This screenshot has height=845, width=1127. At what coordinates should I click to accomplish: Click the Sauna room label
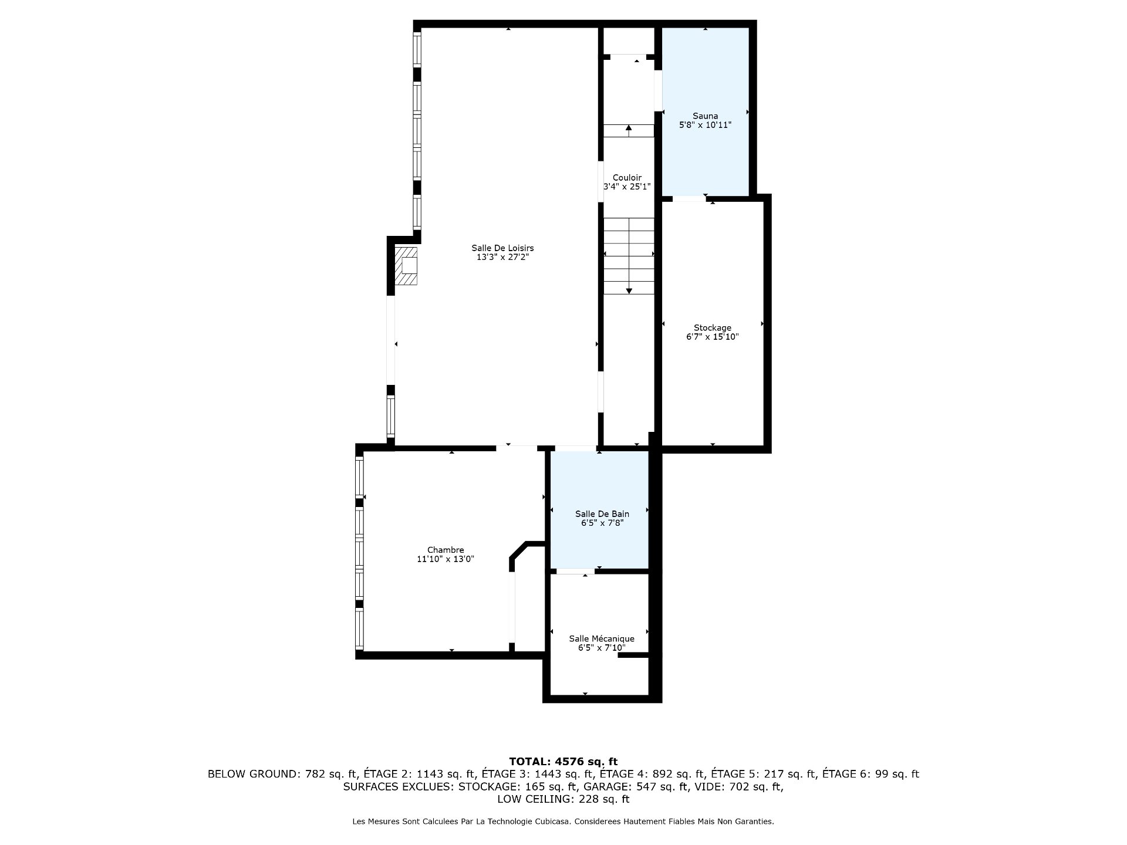click(705, 116)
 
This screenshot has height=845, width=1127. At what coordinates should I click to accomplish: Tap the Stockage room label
click(713, 328)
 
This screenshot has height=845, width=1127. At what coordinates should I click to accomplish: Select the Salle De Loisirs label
click(502, 248)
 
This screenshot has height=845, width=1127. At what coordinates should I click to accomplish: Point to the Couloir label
click(627, 178)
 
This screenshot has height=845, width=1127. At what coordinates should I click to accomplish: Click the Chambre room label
click(446, 550)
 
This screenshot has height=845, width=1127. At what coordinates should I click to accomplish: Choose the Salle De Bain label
click(602, 514)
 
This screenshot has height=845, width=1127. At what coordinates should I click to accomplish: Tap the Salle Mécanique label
click(602, 638)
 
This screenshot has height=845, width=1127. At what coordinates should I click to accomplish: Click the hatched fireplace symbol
click(406, 266)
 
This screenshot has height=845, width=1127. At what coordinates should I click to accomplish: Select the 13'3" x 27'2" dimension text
click(502, 257)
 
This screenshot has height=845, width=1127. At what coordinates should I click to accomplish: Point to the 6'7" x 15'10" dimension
click(713, 337)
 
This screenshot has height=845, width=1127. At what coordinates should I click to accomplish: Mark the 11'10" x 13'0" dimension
click(446, 559)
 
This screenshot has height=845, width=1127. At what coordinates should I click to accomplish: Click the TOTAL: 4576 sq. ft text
click(563, 762)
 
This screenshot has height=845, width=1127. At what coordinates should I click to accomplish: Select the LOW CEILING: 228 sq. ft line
click(563, 799)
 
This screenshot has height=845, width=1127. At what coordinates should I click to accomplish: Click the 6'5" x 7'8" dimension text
click(602, 523)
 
